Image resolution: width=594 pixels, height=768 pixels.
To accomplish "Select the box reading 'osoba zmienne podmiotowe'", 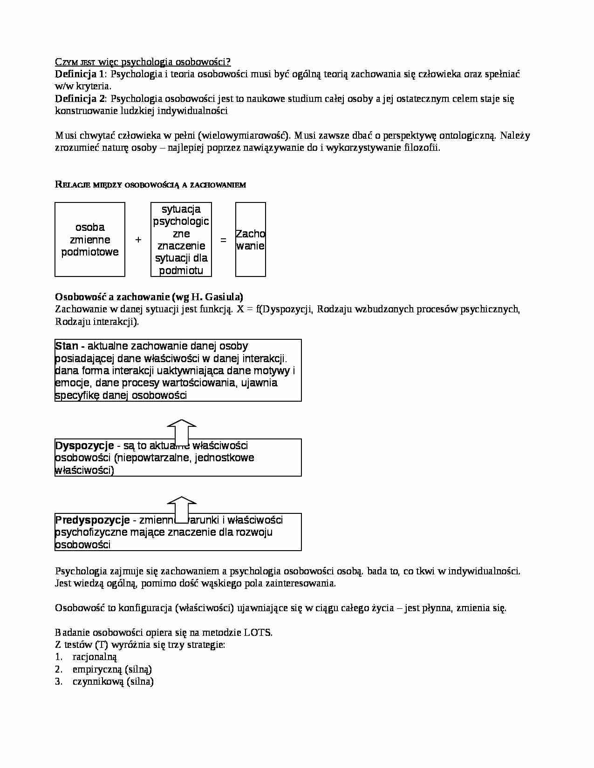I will tap(90, 239).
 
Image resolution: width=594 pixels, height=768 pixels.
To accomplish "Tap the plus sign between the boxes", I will tap(138, 240).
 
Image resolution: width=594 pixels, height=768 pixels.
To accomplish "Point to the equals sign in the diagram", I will tap(223, 240).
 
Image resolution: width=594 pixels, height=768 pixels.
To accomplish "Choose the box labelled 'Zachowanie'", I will tap(250, 239).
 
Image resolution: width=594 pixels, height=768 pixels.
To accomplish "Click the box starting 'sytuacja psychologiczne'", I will tap(181, 239).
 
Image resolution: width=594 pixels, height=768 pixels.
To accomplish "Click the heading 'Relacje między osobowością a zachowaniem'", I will tap(150, 184).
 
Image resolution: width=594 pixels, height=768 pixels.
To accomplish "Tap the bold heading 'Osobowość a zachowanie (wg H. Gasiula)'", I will tap(149, 296).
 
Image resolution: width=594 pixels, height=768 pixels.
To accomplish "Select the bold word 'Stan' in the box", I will tap(67, 346).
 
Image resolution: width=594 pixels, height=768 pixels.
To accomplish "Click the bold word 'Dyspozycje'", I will tap(84, 445).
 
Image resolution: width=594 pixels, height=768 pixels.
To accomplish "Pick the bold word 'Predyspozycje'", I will tap(92, 520).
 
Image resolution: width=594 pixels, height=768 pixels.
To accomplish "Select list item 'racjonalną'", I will tap(95, 657).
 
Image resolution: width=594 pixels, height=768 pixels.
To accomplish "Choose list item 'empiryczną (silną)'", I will tap(112, 669).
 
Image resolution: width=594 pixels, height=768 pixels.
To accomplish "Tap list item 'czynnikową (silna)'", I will tap(113, 681).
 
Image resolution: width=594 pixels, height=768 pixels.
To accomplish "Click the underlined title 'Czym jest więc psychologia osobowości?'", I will tap(143, 62).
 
